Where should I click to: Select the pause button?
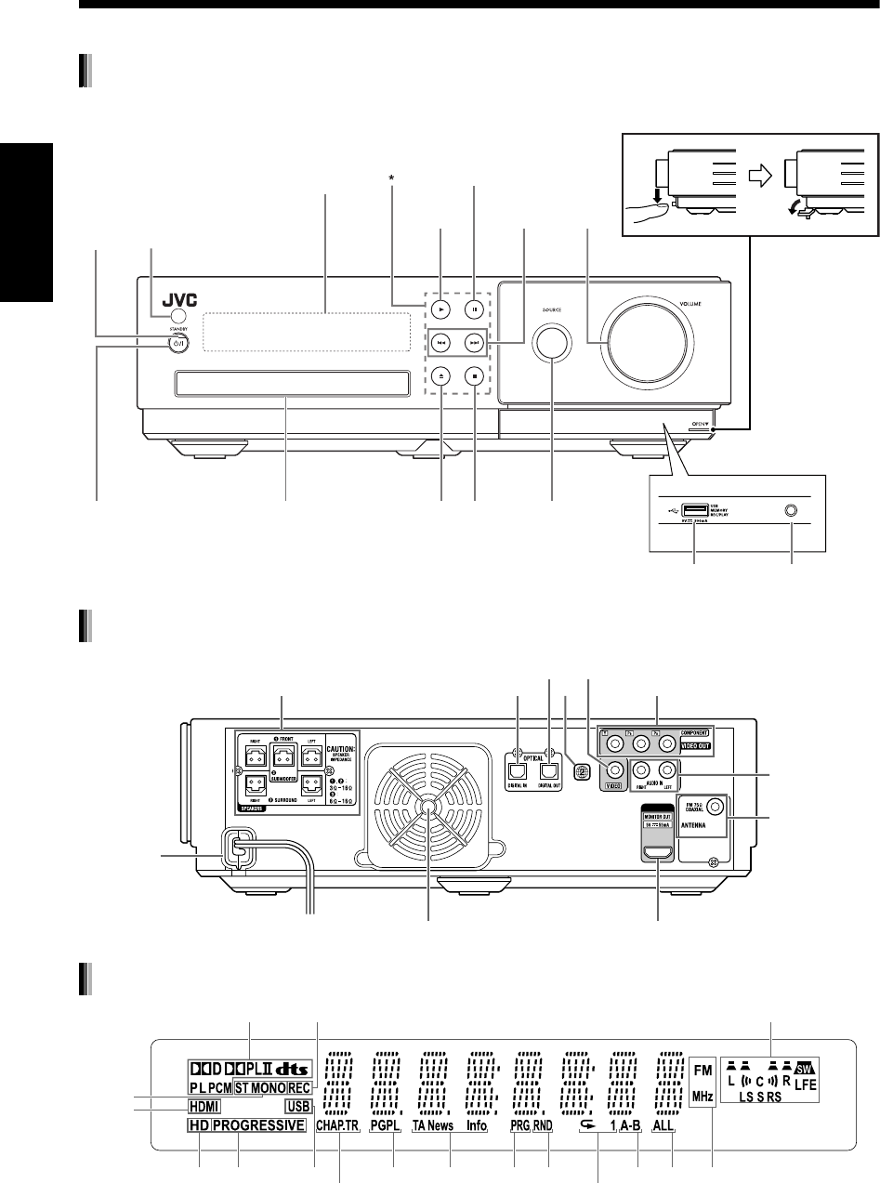click(x=475, y=306)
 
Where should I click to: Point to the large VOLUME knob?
click(x=645, y=340)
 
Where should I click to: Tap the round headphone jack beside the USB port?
click(x=791, y=509)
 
